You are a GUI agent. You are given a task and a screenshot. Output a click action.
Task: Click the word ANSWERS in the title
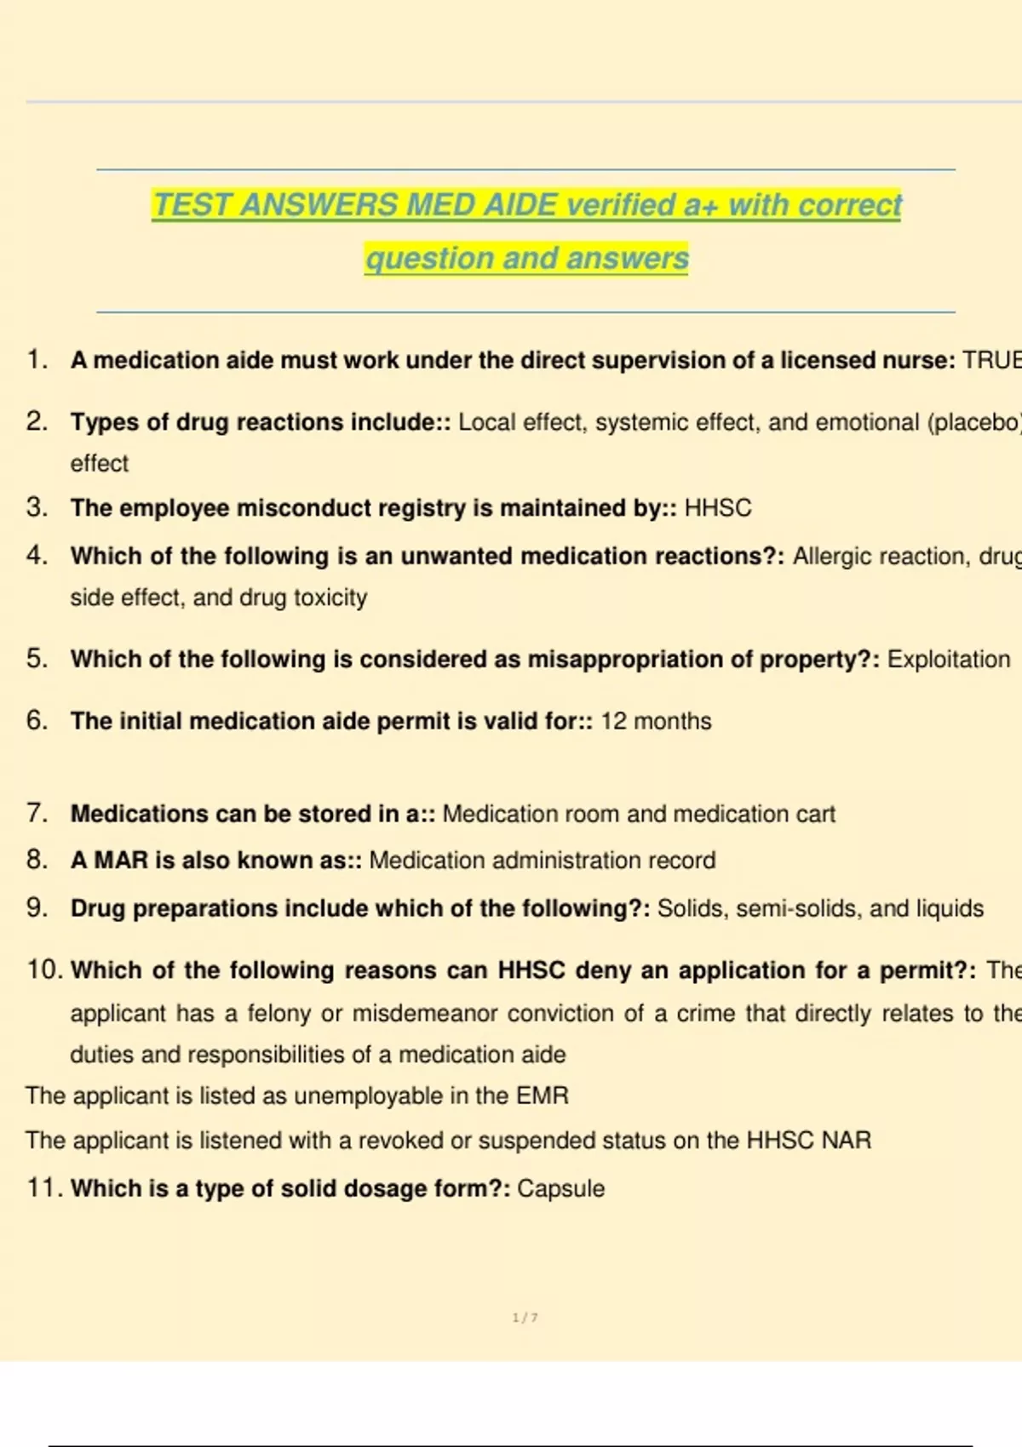319,205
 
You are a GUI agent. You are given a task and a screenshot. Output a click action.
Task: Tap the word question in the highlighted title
412,259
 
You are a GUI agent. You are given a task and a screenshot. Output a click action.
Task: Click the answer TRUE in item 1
991,361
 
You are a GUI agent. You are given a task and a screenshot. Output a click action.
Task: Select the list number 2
37,421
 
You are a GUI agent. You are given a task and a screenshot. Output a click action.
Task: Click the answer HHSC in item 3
718,508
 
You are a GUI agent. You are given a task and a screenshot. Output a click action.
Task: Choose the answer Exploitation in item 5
949,660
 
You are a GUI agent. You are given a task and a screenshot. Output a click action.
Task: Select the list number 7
37,813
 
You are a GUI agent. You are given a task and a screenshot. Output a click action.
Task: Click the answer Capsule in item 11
560,1188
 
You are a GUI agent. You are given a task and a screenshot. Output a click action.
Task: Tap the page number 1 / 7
525,1318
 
